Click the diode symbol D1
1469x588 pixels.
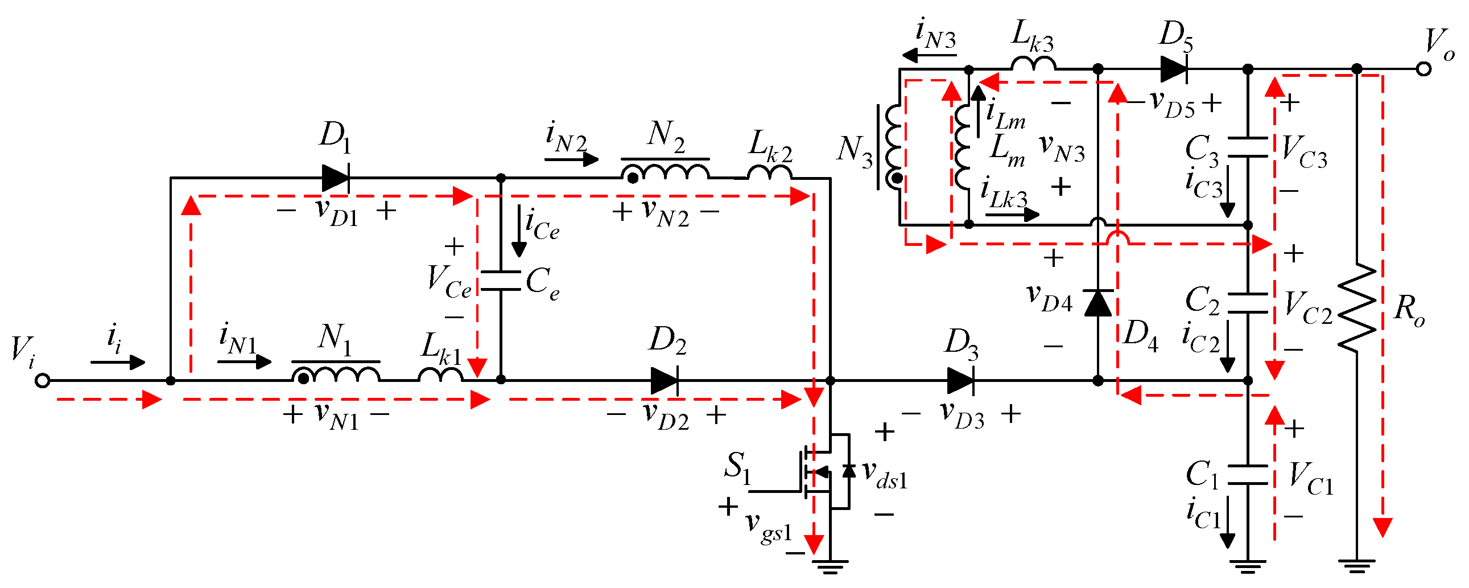coord(336,178)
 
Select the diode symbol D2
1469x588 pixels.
coord(664,380)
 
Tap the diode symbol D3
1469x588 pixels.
coord(960,380)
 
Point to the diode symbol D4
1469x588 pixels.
coord(1098,303)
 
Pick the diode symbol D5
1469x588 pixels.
coord(1174,69)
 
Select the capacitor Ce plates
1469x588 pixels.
coord(501,281)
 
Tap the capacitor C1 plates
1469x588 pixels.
coord(1248,475)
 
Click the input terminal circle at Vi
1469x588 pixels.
coord(42,380)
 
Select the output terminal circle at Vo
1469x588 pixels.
coord(1423,69)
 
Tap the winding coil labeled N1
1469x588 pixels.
coord(336,373)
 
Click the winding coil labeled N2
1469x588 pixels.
coord(665,171)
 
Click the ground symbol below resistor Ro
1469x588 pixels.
coord(1357,566)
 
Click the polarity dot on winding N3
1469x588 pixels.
coord(897,179)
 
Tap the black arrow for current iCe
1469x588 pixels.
coord(519,232)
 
